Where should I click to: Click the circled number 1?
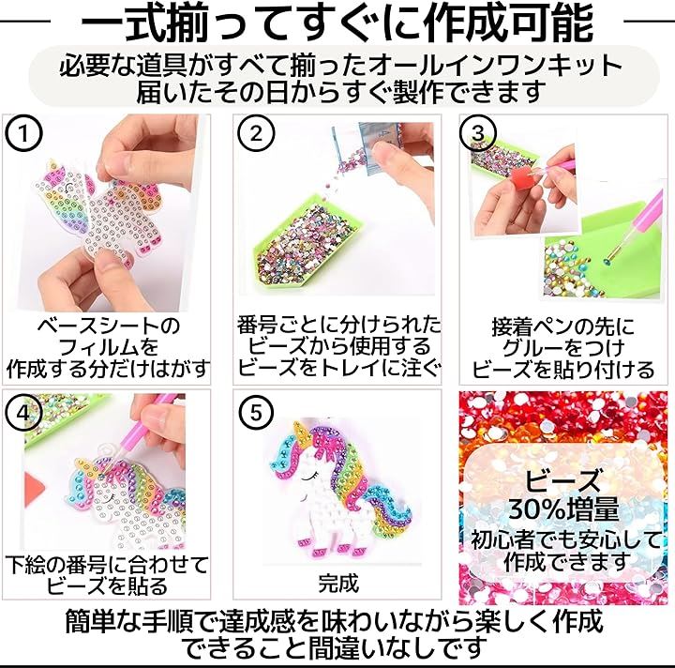pos(23,133)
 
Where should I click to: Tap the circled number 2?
pos(256,133)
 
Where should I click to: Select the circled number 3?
pos(478,133)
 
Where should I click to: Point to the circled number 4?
pos(23,413)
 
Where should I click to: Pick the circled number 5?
pos(256,413)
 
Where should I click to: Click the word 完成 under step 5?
pos(338,584)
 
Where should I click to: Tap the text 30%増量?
pos(564,509)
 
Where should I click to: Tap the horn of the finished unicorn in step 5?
pos(301,436)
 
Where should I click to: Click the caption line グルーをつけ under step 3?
pos(563,347)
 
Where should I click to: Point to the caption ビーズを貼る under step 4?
pos(107,585)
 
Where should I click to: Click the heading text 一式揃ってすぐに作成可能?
pos(337,23)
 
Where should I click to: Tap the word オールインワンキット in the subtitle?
pos(495,66)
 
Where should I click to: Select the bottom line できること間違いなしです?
pos(335,646)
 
